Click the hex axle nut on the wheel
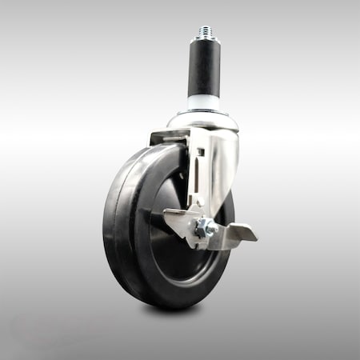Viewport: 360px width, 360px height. (205, 228)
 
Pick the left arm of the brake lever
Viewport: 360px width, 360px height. (177, 216)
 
